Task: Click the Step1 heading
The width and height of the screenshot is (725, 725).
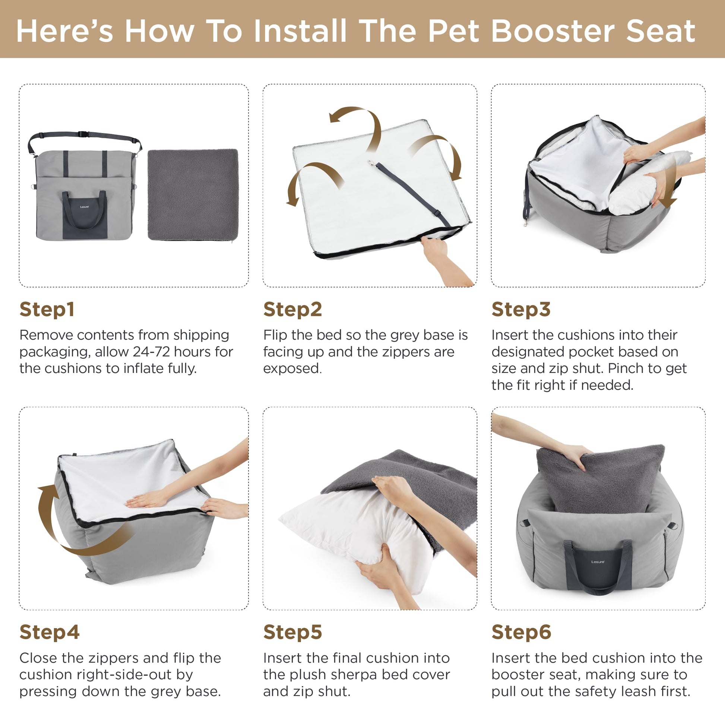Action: (x=47, y=310)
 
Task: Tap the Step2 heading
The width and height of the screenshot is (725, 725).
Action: (x=293, y=310)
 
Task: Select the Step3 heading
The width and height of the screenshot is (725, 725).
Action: (x=521, y=310)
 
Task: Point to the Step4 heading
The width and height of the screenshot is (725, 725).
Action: (x=50, y=632)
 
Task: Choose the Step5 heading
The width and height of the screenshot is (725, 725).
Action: (x=293, y=632)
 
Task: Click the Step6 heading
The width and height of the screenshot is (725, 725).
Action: (x=521, y=632)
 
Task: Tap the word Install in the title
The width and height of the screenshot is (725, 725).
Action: (x=300, y=31)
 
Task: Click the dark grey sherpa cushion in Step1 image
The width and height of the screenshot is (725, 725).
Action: (x=193, y=194)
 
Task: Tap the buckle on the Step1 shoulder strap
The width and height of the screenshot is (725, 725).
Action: (x=83, y=134)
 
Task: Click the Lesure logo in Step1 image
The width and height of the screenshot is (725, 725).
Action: (x=85, y=207)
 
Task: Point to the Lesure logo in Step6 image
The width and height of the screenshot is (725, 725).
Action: (x=598, y=562)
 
